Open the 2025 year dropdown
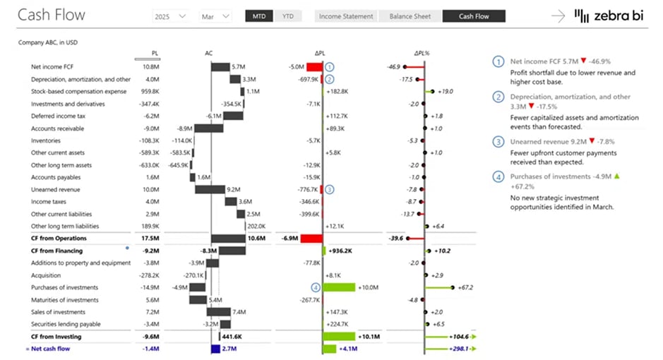[x=170, y=16]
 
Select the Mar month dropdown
[x=215, y=16]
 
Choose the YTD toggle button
[x=288, y=16]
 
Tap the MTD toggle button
[x=258, y=16]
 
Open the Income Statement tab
[x=345, y=16]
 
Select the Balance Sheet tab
[x=411, y=16]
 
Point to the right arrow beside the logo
[x=559, y=16]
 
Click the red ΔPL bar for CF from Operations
[x=311, y=239]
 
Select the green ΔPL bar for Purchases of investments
[x=340, y=287]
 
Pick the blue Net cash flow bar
[x=215, y=349]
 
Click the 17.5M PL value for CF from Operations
[x=149, y=239]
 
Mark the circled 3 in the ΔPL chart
[x=330, y=189]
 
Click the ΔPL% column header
[x=423, y=53]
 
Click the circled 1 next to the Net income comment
[x=499, y=61]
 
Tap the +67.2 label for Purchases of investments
[x=465, y=287]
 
